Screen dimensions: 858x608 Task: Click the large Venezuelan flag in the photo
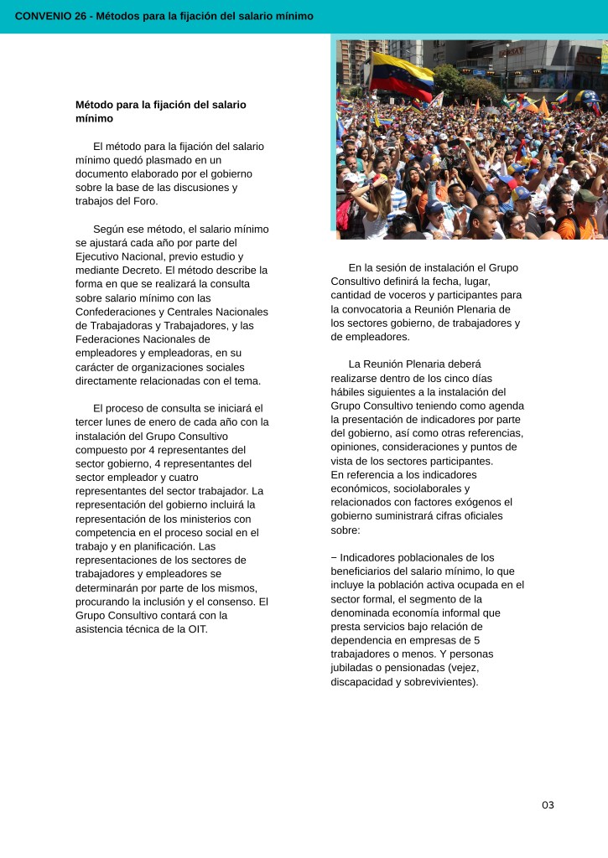click(402, 75)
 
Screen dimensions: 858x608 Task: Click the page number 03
click(548, 805)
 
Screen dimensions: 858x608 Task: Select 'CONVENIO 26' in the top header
click(50, 16)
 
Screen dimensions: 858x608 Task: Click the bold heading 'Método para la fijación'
click(160, 105)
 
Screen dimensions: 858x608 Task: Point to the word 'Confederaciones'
click(112, 312)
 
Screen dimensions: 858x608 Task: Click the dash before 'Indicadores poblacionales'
click(334, 557)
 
